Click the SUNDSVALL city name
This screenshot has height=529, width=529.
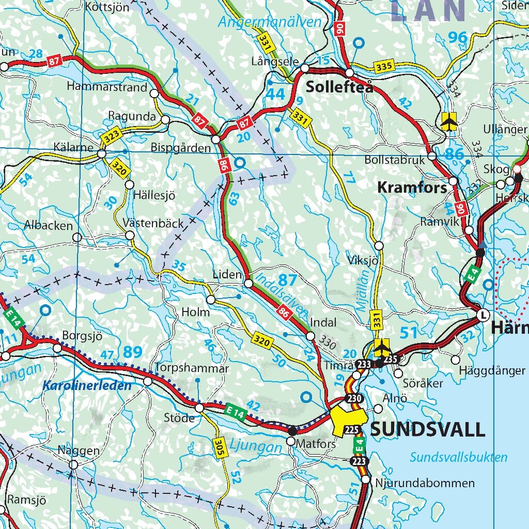pyautogui.click(x=428, y=429)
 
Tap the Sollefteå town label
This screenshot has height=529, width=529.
pyautogui.click(x=339, y=87)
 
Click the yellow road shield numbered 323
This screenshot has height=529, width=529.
pyautogui.click(x=111, y=138)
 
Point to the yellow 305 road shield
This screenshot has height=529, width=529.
pyautogui.click(x=220, y=446)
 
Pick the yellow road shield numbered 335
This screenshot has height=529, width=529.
pyautogui.click(x=385, y=66)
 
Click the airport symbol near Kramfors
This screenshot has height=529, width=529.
pyautogui.click(x=449, y=122)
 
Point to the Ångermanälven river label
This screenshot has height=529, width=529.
pyautogui.click(x=269, y=22)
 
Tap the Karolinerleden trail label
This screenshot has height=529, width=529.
pyautogui.click(x=87, y=385)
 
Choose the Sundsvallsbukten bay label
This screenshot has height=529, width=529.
pyautogui.click(x=459, y=457)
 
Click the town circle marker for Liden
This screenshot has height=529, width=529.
pyautogui.click(x=248, y=283)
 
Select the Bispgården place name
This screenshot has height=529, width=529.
pyautogui.click(x=181, y=148)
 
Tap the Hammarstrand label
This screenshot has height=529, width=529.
pyautogui.click(x=107, y=87)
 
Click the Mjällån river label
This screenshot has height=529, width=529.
pyautogui.click(x=365, y=291)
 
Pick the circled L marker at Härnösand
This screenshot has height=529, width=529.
pyautogui.click(x=483, y=315)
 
